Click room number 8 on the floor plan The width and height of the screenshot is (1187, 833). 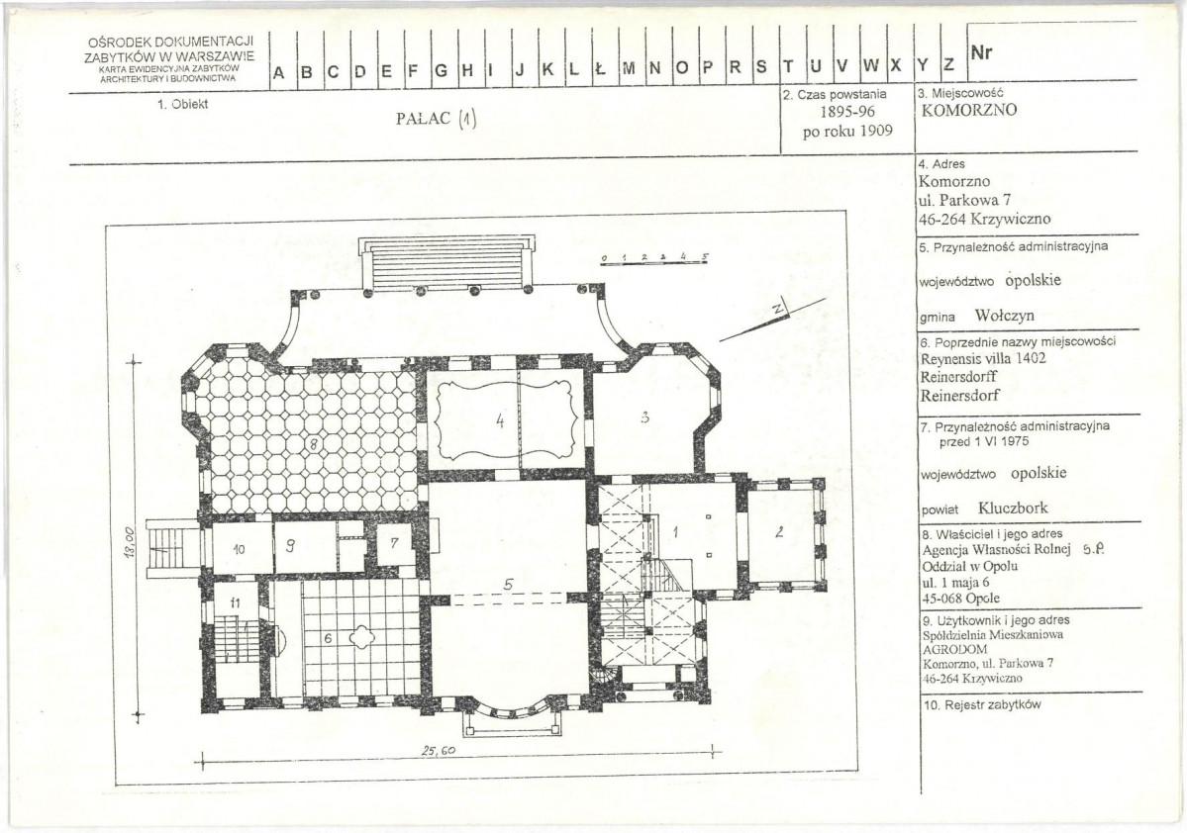click(313, 445)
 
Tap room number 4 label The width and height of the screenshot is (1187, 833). click(500, 420)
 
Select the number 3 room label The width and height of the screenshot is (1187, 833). click(644, 416)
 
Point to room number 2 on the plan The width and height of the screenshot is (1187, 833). click(779, 532)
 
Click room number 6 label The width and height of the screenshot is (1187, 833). click(328, 638)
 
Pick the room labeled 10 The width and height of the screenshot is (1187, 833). click(239, 549)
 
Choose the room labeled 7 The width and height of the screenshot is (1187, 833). click(394, 542)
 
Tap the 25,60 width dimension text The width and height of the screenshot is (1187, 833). click(439, 751)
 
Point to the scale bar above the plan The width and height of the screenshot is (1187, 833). click(655, 259)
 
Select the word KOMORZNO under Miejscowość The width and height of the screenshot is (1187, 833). click(969, 111)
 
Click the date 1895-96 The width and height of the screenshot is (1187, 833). click(847, 112)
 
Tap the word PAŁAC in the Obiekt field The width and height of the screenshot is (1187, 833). click(423, 119)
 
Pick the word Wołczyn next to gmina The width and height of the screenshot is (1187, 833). click(1004, 316)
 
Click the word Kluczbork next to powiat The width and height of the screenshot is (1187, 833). click(1013, 508)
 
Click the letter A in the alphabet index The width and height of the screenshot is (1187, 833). click(278, 73)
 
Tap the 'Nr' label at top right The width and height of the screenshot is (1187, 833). click(981, 53)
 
